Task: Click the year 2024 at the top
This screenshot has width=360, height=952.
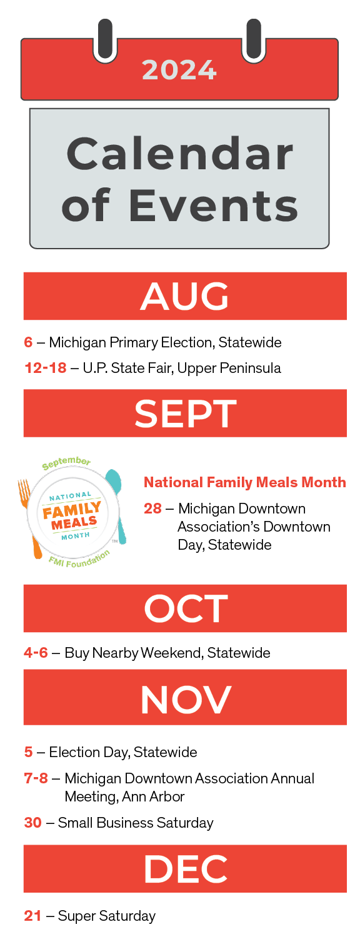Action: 179,70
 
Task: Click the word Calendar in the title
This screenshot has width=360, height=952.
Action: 180,154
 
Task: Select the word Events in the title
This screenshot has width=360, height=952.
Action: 213,206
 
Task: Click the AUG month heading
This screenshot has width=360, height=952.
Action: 185,296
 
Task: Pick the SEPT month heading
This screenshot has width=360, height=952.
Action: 186,413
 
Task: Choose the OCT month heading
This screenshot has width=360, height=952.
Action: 186,608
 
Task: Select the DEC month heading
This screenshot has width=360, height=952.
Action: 186,869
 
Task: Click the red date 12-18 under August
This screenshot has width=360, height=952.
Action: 46,368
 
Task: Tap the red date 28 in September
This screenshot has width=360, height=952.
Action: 152,508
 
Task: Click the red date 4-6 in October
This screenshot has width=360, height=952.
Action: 36,652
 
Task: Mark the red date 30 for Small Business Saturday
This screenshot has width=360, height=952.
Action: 32,822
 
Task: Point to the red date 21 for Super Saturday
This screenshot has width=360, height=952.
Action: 32,915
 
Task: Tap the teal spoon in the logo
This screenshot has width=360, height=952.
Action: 116,506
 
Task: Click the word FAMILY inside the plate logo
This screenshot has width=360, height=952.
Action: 72,510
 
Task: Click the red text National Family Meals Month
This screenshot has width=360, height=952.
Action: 245,482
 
